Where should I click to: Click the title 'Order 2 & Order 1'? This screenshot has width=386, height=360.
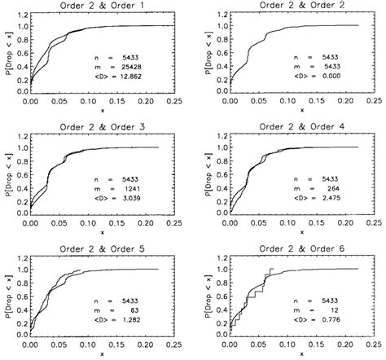tap(102, 7)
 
